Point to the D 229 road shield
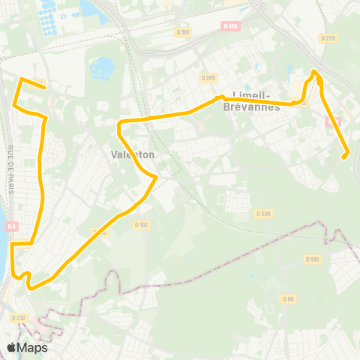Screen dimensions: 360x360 click(x=327, y=38)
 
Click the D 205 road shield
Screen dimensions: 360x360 click(x=208, y=78)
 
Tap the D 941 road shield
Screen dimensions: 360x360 click(x=313, y=259)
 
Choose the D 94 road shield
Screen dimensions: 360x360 click(x=288, y=298)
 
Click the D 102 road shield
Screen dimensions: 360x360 click(x=140, y=224)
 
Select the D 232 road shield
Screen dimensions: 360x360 click(x=17, y=318)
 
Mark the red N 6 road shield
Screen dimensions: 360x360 click(x=10, y=227)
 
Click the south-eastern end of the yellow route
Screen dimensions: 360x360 click(x=345, y=155)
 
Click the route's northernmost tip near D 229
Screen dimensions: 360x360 click(x=314, y=72)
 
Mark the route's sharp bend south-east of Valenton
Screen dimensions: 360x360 click(x=155, y=177)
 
